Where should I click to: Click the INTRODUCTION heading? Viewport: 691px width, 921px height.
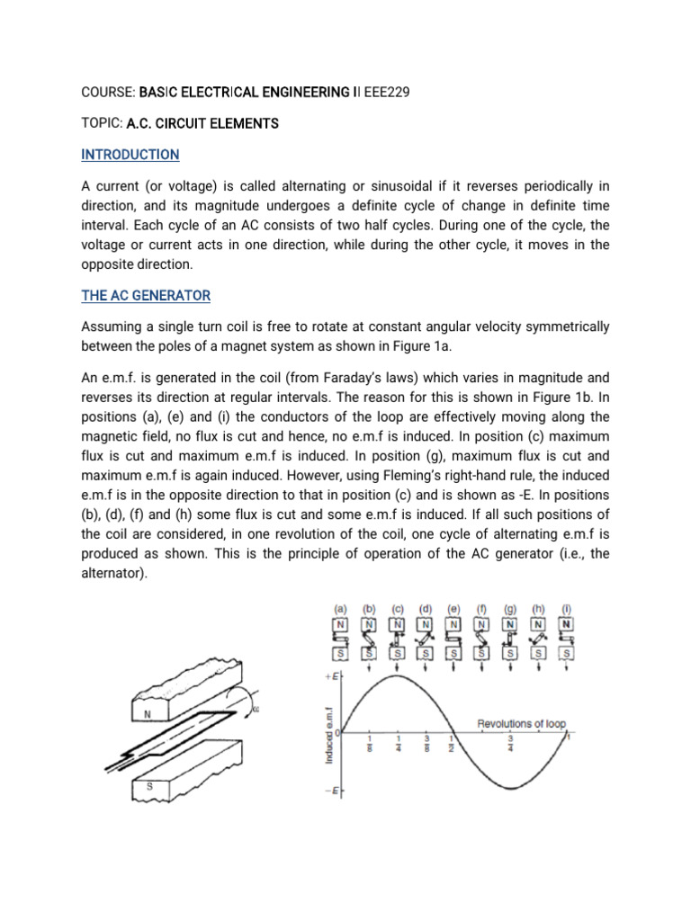[130, 155]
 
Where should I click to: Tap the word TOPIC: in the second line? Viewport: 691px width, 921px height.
[101, 123]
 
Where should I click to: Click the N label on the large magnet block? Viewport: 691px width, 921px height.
[147, 715]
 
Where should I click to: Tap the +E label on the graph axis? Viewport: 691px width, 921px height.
[331, 675]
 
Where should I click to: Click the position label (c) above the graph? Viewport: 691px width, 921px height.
[398, 608]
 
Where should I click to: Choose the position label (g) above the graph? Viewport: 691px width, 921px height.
[510, 608]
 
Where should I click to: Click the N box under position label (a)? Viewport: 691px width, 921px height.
[341, 624]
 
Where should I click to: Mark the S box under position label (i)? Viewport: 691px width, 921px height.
[567, 652]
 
